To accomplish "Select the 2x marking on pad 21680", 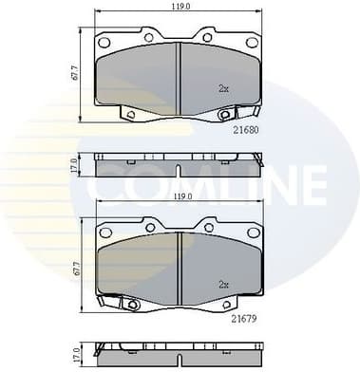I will pos(223,88).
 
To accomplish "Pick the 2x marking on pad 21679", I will pos(223,283).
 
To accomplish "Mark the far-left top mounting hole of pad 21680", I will pos(106,42).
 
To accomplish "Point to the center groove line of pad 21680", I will pos(180,76).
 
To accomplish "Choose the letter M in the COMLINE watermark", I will pos(190,182).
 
